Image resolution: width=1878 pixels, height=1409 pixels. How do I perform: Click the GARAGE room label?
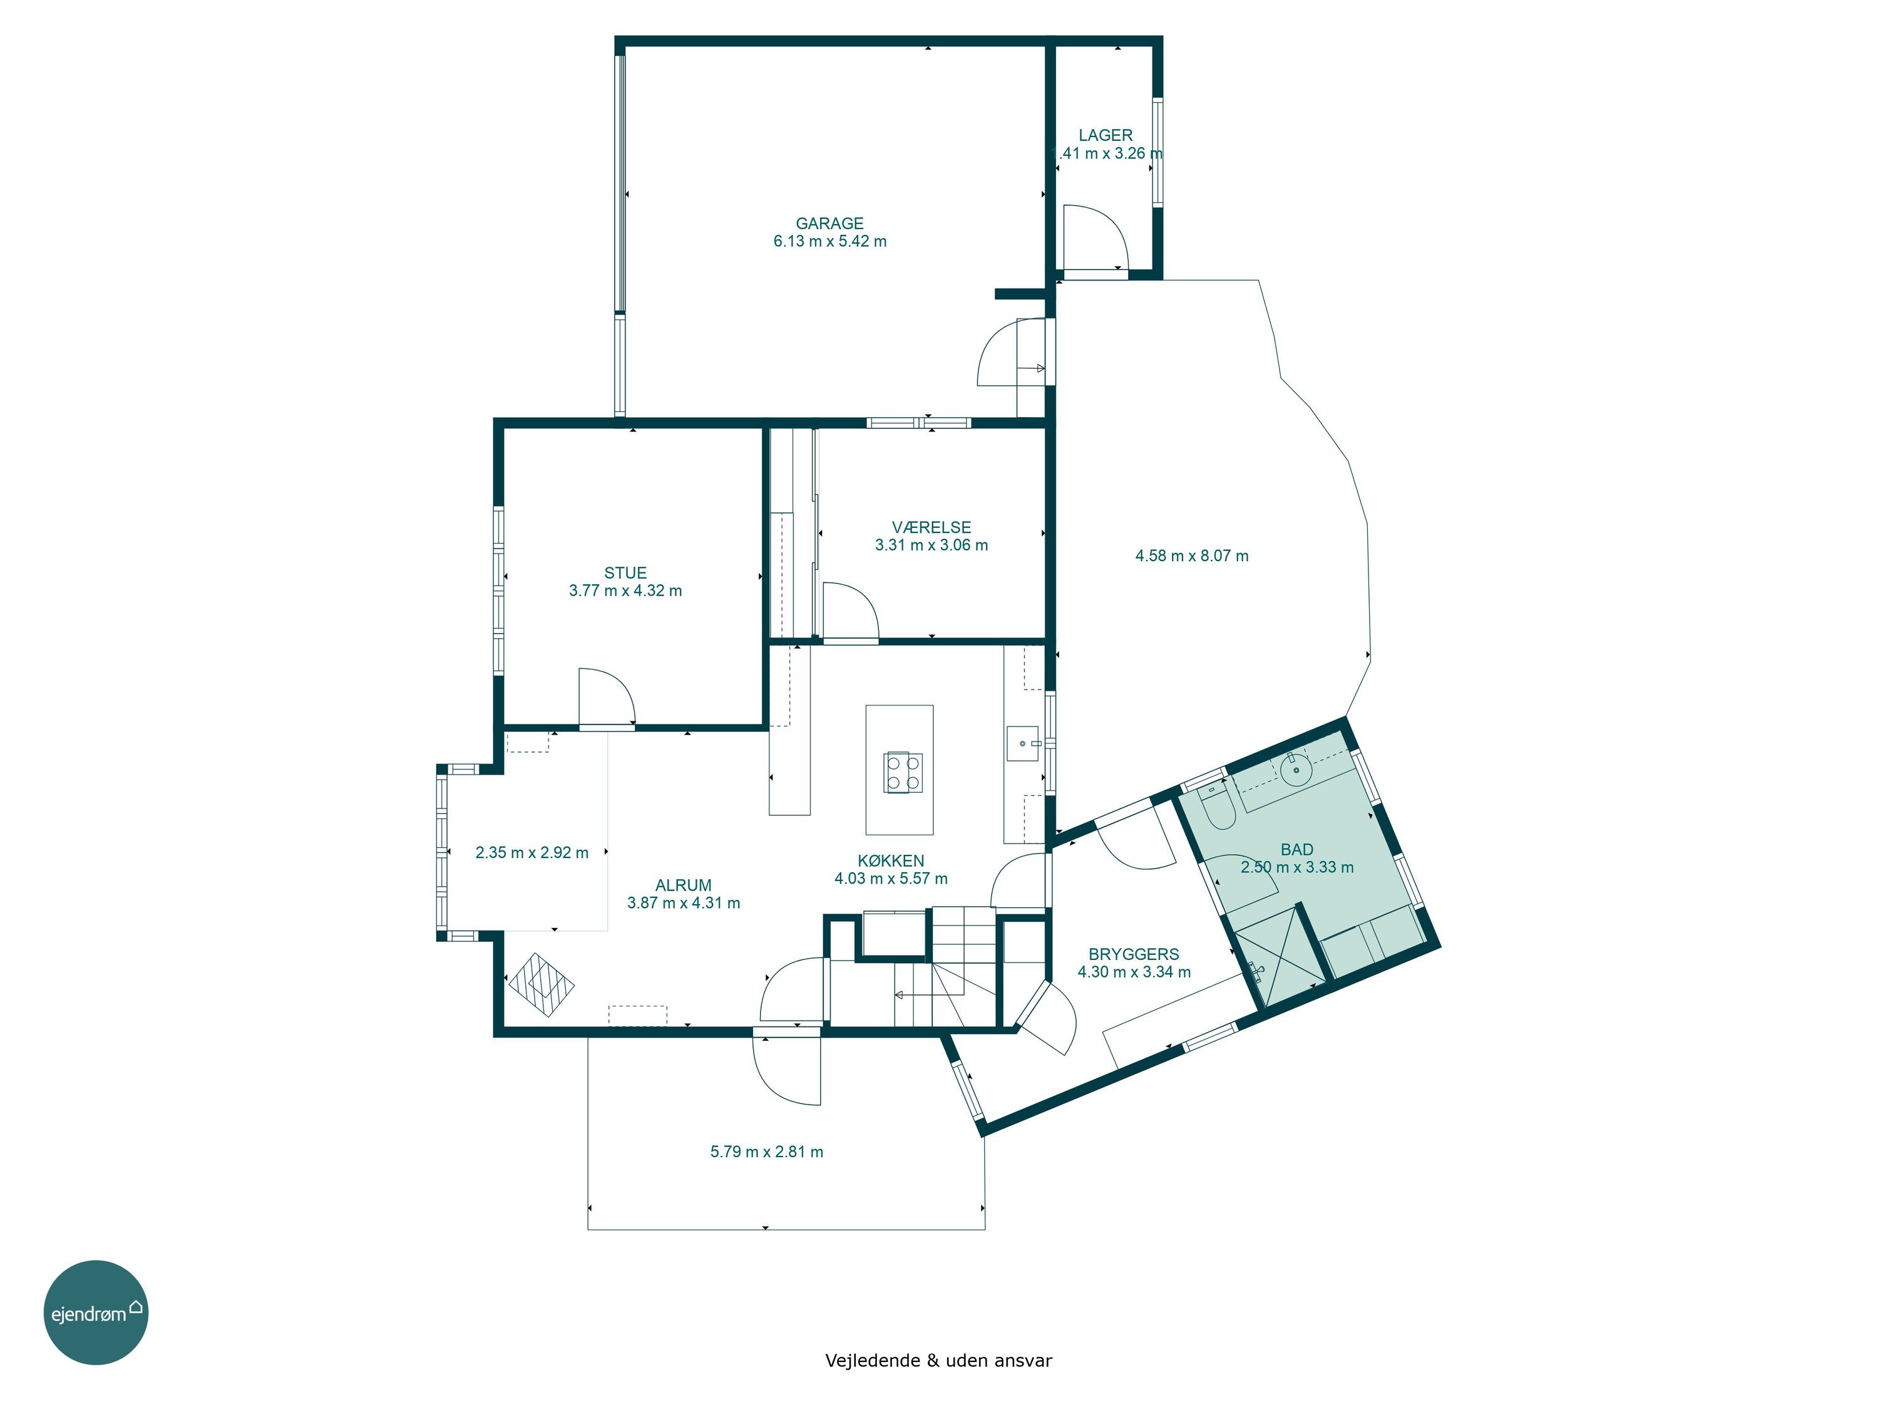coord(829,224)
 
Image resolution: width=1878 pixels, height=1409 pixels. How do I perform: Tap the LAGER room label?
coord(1106,135)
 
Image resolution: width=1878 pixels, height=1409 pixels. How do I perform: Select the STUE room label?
coord(626,573)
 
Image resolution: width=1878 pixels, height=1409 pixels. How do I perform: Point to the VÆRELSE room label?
coord(931,527)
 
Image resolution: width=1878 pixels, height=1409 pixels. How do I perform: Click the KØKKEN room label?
coord(891,860)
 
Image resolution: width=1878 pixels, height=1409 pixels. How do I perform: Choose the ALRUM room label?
coord(684,885)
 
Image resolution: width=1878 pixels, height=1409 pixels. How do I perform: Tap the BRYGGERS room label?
coord(1134,954)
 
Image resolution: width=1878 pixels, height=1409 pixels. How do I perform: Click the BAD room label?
coord(1296,849)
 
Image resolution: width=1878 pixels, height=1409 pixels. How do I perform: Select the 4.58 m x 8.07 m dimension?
coord(1192,556)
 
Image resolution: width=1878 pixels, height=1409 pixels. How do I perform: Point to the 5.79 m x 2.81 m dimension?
coord(767,1152)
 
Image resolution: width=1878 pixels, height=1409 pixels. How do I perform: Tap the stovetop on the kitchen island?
coord(903,772)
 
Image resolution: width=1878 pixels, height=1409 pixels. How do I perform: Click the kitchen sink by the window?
coord(1023,744)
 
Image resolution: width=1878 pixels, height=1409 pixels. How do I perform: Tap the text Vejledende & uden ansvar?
coord(938,1361)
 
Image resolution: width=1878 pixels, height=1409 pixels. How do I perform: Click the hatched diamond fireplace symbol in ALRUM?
coord(541,985)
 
